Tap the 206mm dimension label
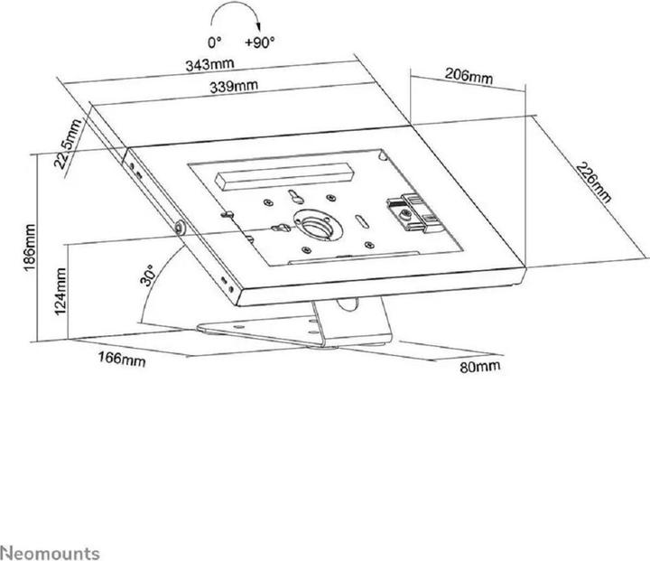click(x=469, y=76)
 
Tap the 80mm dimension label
click(x=478, y=368)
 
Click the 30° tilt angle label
click(x=150, y=274)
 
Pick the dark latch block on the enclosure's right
click(x=409, y=210)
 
